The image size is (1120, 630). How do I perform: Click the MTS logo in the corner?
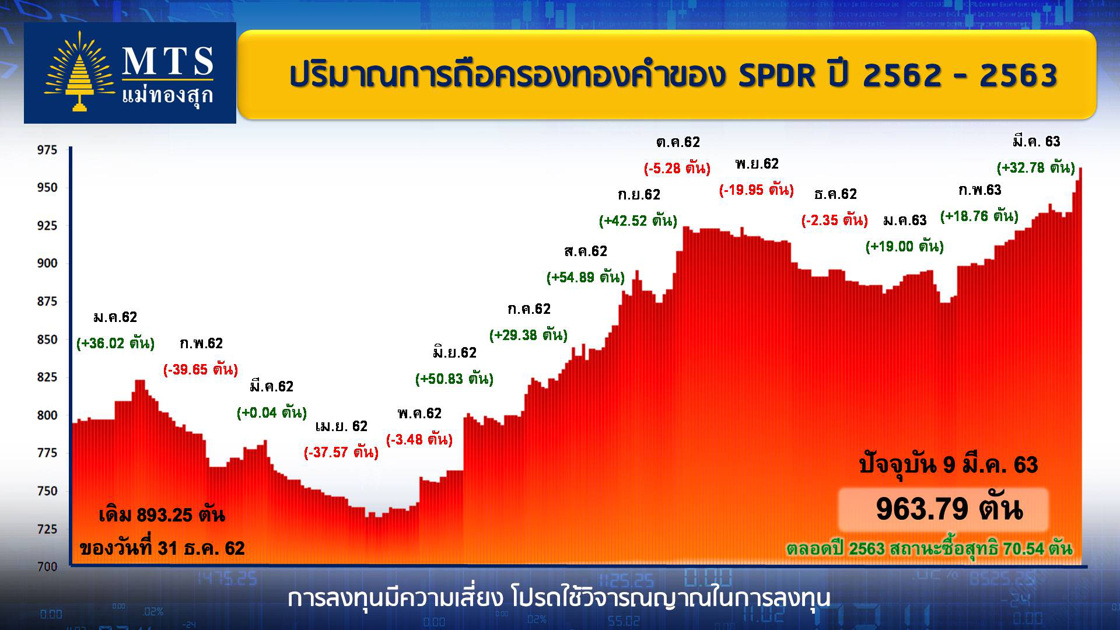(x=130, y=73)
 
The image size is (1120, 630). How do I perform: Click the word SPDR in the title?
(x=776, y=75)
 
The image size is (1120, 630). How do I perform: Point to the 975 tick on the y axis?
(x=47, y=150)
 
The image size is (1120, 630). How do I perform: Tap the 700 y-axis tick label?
(x=47, y=566)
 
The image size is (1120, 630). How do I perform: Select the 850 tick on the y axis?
(x=47, y=339)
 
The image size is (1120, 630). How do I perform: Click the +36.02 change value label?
(x=116, y=343)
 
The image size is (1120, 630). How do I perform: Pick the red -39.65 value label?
(x=201, y=369)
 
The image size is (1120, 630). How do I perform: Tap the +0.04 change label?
(x=272, y=412)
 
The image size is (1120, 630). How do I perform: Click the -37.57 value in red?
(x=341, y=452)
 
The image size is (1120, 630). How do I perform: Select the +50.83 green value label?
(x=454, y=379)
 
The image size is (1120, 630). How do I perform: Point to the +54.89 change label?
(x=586, y=277)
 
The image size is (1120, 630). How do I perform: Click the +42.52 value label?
(x=638, y=220)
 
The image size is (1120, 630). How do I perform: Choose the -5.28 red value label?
(x=677, y=168)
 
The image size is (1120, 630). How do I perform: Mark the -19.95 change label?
(x=757, y=190)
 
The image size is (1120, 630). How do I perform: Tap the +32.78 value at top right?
(x=1036, y=167)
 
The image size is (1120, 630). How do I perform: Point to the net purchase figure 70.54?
(x=1024, y=549)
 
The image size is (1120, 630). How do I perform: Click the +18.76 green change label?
(x=979, y=216)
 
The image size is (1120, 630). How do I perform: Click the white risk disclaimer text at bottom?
(x=559, y=598)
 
